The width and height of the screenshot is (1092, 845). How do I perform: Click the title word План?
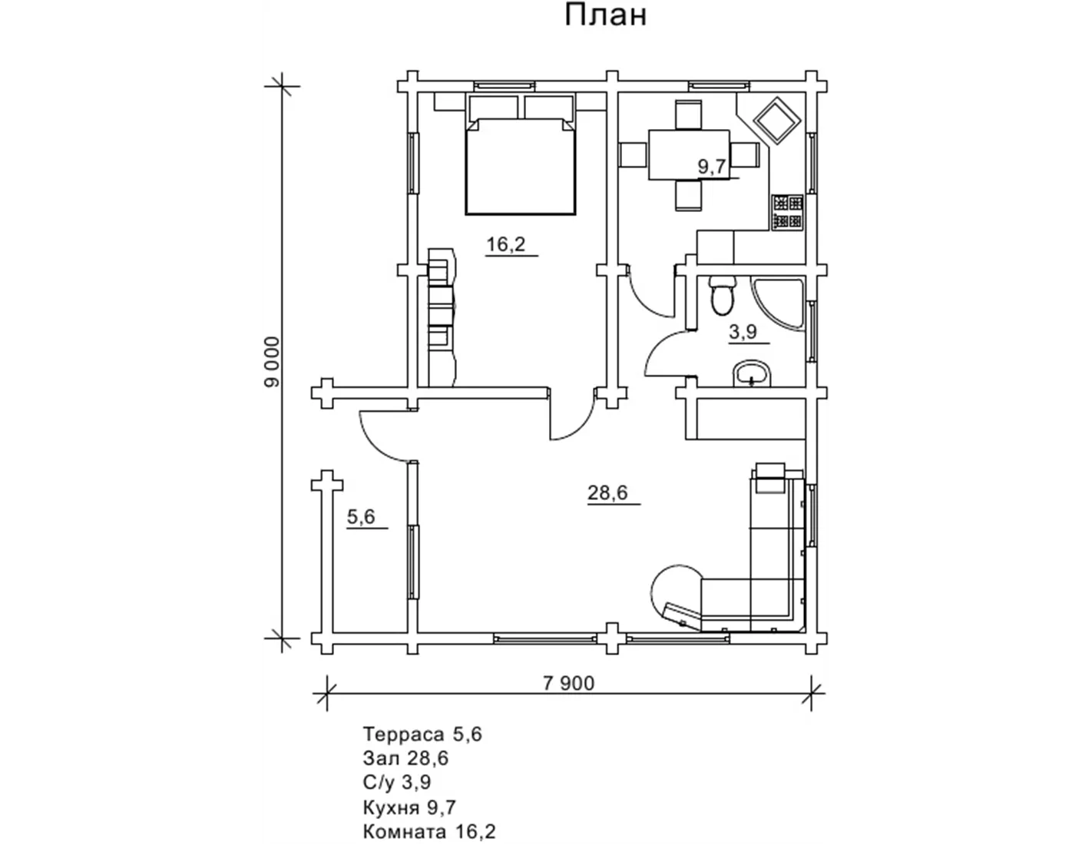coord(606,15)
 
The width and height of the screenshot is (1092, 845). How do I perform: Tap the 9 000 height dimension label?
coord(272,361)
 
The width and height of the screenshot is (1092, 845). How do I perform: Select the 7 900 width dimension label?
coord(568,683)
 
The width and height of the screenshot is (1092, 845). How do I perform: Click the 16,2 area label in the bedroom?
coord(506,244)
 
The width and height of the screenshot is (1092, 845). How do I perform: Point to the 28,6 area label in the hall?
coord(607,492)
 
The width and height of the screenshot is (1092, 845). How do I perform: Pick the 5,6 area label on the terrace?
coord(361,516)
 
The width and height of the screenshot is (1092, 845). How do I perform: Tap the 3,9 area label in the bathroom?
coord(743,332)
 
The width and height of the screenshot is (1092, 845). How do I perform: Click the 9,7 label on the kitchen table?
coord(712,166)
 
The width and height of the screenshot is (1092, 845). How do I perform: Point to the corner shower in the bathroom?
coord(779,303)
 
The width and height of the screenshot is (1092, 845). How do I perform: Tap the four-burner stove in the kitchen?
coord(787,213)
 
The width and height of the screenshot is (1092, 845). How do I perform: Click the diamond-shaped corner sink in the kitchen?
coord(777,121)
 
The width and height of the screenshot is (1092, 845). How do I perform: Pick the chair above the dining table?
coord(689,114)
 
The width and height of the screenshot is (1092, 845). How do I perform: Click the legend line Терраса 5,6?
coord(422,734)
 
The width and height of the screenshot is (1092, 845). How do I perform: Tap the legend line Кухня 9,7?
coord(409,807)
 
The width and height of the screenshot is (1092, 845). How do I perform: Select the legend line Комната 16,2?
coord(429,831)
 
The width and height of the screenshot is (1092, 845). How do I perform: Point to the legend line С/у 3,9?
coord(397,782)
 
